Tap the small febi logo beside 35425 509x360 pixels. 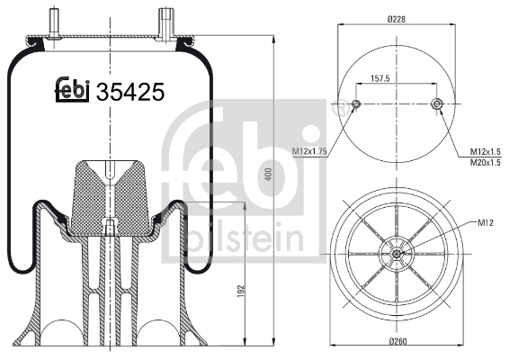click(73, 89)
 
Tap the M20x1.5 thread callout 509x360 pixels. click(486, 162)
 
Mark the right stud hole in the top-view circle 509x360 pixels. click(437, 105)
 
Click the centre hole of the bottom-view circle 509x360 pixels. click(396, 255)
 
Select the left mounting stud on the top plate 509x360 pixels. click(55, 21)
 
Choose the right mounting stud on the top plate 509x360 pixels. click(166, 20)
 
